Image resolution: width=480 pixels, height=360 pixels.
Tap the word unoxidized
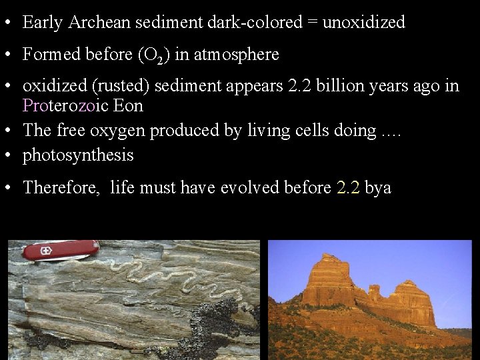[x=363, y=22]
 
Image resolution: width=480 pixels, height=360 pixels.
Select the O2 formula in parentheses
[x=155, y=55]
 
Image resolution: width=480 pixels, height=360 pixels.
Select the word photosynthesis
[x=78, y=155]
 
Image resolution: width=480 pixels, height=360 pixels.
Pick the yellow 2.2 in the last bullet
[x=348, y=188]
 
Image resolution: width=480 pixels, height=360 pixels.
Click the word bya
[x=378, y=188]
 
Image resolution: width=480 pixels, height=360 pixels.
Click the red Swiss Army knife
[x=60, y=251]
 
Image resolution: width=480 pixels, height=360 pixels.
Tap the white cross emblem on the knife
[x=45, y=252]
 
